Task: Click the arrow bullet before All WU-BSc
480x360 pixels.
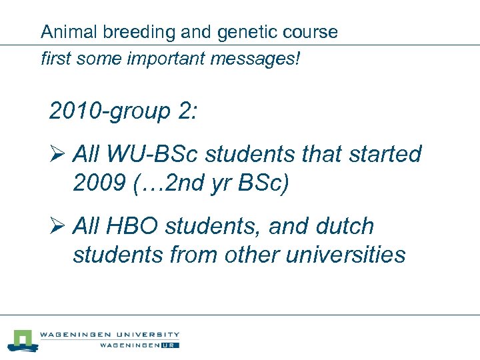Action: click(57, 155)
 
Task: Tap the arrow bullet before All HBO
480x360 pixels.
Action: click(57, 227)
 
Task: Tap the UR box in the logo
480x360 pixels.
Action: click(171, 345)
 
